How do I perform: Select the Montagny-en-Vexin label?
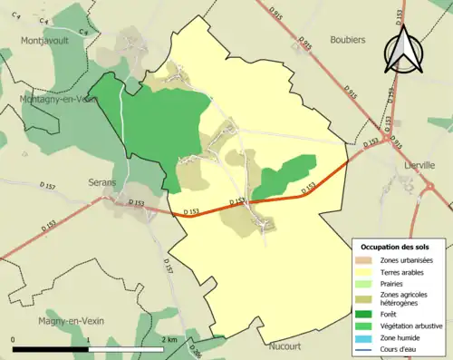56,99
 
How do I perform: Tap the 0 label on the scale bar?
14,339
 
